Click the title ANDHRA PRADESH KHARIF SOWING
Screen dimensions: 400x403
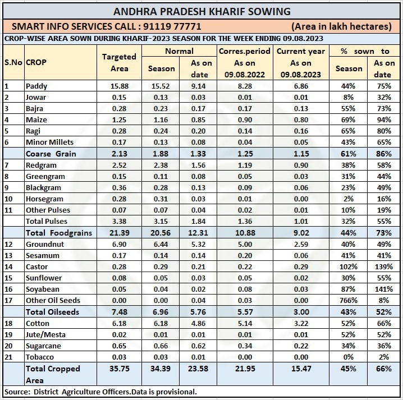click(201, 11)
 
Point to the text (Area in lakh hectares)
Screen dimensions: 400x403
click(341, 26)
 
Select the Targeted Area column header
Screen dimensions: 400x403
click(119, 62)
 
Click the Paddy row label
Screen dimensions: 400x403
click(36, 86)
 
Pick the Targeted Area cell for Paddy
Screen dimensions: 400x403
click(119, 86)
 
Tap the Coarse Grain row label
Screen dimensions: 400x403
click(51, 154)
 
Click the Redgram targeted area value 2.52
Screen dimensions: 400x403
click(119, 165)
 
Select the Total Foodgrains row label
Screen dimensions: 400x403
click(59, 233)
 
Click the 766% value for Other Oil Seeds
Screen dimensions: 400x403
click(348, 301)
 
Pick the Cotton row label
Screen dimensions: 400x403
click(37, 323)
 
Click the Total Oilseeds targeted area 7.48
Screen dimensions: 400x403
click(119, 312)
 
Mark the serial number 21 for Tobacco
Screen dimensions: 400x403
click(7, 357)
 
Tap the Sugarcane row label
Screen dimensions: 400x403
click(43, 346)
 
